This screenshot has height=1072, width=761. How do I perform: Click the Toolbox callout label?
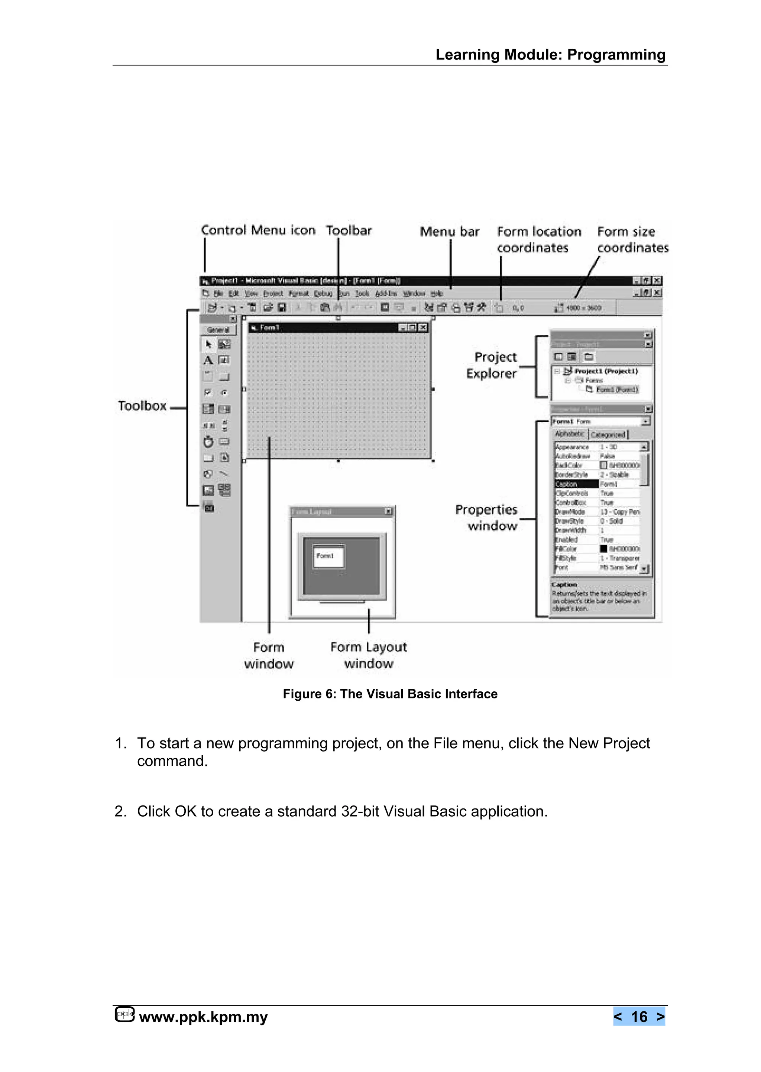[142, 406]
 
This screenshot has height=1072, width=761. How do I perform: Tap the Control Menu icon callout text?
[258, 230]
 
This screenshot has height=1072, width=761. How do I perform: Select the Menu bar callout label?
[449, 232]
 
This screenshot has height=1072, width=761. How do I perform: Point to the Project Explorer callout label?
[492, 365]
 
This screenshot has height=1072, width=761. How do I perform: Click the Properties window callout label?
[487, 517]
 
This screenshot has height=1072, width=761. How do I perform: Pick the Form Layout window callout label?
[369, 655]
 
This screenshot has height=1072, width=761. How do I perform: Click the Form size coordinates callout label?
[632, 239]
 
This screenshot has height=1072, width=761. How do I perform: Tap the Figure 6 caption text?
[390, 694]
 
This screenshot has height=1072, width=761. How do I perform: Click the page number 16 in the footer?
[639, 1016]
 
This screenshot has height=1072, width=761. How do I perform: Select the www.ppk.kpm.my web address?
[203, 1017]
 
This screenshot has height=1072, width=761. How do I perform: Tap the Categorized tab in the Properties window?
[608, 435]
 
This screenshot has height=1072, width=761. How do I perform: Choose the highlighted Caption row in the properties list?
[576, 484]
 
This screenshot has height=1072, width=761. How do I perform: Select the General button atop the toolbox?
[218, 330]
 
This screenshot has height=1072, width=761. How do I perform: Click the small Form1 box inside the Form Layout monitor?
[328, 556]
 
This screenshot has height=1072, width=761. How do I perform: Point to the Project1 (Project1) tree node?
[606, 371]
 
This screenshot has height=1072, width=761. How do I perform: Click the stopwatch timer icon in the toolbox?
[208, 442]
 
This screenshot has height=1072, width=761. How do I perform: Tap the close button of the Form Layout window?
[388, 511]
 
